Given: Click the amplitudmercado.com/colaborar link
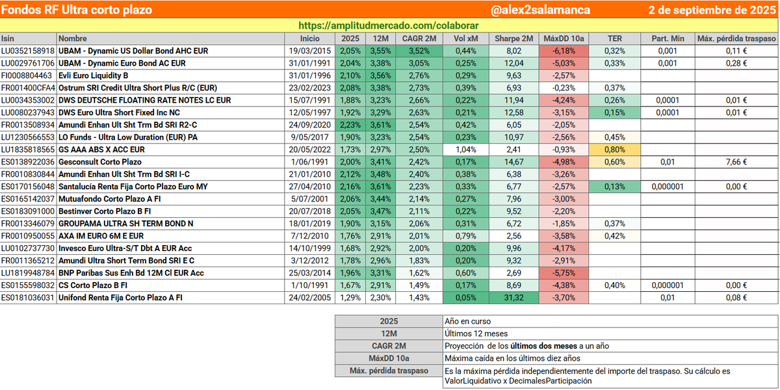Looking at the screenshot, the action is pyautogui.click(x=388, y=25).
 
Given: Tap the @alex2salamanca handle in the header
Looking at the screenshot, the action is pyautogui.click(x=540, y=10).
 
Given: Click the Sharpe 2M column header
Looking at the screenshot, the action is pyautogui.click(x=513, y=38).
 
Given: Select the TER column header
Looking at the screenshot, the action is pyautogui.click(x=615, y=38).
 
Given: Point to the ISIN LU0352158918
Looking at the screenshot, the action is pyautogui.click(x=28, y=51).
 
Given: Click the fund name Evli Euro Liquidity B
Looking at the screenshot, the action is pyautogui.click(x=94, y=75).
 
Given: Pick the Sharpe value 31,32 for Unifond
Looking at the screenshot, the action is pyautogui.click(x=513, y=298).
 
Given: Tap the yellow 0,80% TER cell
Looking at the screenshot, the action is pyautogui.click(x=615, y=149).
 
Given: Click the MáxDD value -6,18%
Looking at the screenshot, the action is pyautogui.click(x=564, y=51).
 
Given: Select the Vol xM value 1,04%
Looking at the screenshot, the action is pyautogui.click(x=465, y=149).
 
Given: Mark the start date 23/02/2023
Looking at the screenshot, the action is pyautogui.click(x=309, y=88).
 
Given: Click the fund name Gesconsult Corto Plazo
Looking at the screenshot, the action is pyautogui.click(x=100, y=162).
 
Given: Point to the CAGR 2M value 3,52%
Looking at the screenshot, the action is pyautogui.click(x=419, y=51).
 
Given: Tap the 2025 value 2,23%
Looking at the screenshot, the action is pyautogui.click(x=350, y=125).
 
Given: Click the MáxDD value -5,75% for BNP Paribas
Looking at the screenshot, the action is pyautogui.click(x=564, y=273).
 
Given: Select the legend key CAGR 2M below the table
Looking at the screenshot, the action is pyautogui.click(x=389, y=346).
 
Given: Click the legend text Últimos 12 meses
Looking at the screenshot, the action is pyautogui.click(x=476, y=333).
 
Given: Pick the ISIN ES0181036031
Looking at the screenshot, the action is pyautogui.click(x=28, y=298).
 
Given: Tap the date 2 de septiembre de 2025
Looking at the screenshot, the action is pyautogui.click(x=712, y=10).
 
